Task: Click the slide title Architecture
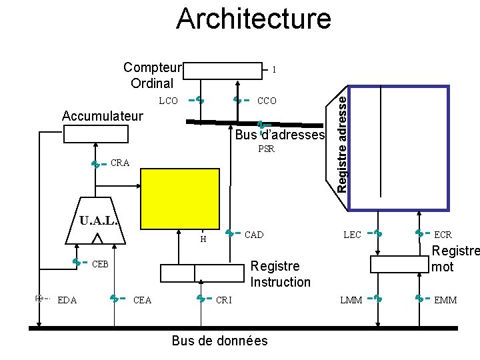[x=253, y=19]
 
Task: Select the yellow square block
[x=180, y=199]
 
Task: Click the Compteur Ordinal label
[x=153, y=75]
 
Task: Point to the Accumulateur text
[x=102, y=116]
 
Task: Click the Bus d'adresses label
[x=280, y=135]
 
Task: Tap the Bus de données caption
[x=220, y=341]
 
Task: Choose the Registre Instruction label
[x=280, y=274]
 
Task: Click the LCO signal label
[x=168, y=101]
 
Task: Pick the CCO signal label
[x=267, y=101]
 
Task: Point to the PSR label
[x=267, y=149]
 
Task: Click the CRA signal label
[x=121, y=163]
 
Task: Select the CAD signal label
[x=254, y=235]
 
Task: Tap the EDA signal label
[x=67, y=300]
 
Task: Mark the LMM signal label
[x=352, y=300]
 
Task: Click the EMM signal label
[x=445, y=300]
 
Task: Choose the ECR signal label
[x=443, y=235]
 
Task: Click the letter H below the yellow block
[x=203, y=239]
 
